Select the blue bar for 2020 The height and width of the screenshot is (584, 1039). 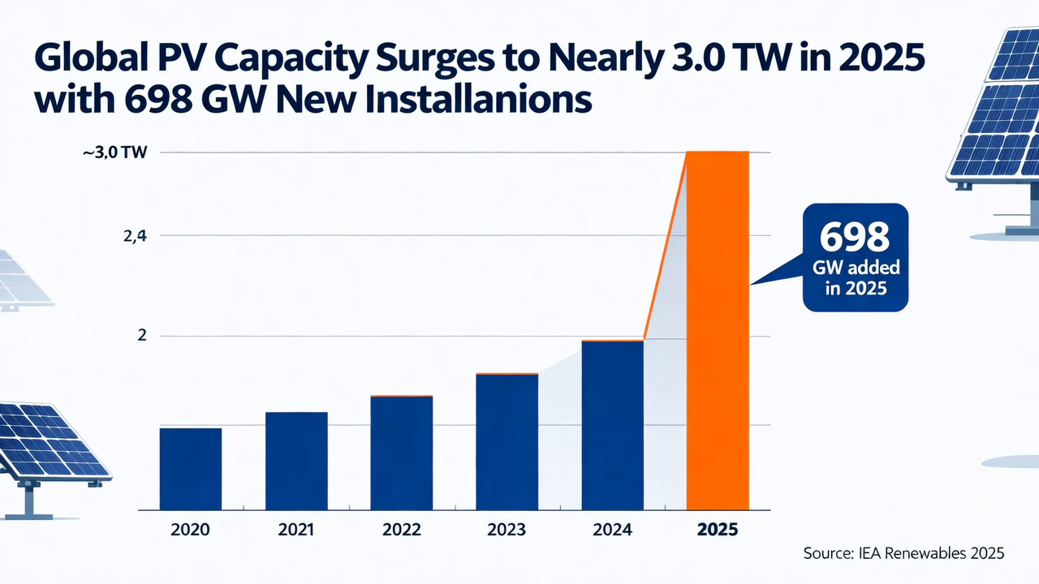tap(191, 468)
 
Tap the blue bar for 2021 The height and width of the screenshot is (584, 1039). tap(296, 460)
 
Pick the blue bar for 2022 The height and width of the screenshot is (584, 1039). tap(401, 452)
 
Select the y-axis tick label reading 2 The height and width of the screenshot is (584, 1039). tap(141, 336)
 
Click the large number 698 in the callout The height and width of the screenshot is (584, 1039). tap(854, 237)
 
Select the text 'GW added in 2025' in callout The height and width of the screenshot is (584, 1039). tap(854, 278)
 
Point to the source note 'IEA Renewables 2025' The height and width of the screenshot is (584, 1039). tap(903, 553)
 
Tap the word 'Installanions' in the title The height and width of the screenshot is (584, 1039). tap(481, 101)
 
